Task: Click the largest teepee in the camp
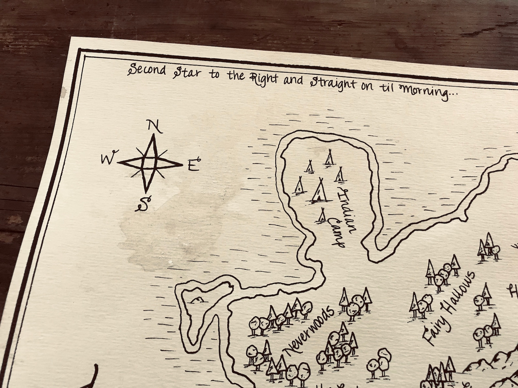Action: [x=319, y=192]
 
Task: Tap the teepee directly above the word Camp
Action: [x=322, y=215]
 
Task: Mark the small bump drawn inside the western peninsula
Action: [x=197, y=300]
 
